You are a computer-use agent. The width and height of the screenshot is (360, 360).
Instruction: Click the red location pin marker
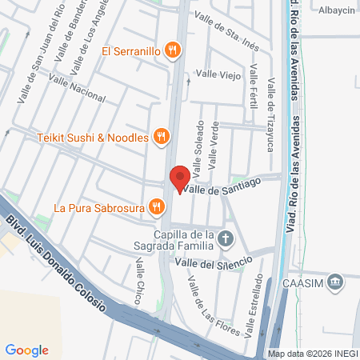pos(179,178)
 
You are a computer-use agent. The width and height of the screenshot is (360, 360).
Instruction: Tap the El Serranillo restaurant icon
pos(171,51)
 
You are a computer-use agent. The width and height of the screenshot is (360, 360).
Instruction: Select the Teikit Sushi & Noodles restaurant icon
pos(161,137)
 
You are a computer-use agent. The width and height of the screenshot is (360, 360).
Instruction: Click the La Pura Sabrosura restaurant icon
pos(156,208)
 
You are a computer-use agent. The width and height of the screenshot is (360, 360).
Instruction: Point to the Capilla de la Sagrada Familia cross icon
pos(226,238)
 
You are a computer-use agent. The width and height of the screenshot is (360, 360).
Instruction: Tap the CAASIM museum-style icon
pos(335,282)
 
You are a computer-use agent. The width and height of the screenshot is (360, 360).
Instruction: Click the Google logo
pos(26,350)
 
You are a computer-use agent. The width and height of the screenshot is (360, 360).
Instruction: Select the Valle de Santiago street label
pos(222,186)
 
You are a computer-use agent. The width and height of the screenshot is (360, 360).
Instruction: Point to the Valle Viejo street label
pos(218,74)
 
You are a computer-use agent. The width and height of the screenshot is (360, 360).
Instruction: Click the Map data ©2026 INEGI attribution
pos(312,353)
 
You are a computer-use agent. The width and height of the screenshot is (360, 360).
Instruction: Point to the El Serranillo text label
pos(131,51)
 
